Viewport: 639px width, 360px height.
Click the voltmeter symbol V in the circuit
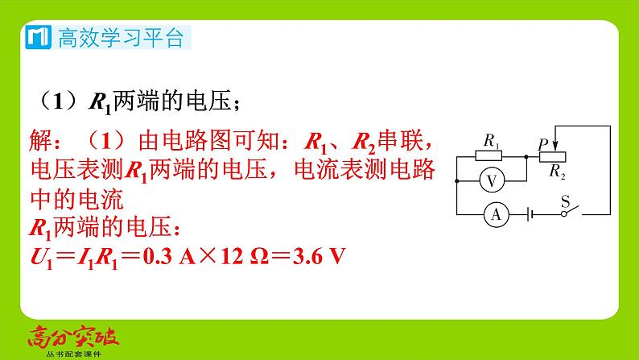[x=492, y=182]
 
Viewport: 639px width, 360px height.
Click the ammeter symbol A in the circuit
[x=497, y=214]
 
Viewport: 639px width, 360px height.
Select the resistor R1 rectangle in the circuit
[x=488, y=157]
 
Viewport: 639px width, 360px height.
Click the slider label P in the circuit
[x=543, y=143]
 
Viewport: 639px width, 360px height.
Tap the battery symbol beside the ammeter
[x=530, y=214]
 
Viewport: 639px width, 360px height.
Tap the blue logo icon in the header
[x=38, y=37]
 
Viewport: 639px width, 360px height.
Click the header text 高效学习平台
[x=121, y=38]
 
